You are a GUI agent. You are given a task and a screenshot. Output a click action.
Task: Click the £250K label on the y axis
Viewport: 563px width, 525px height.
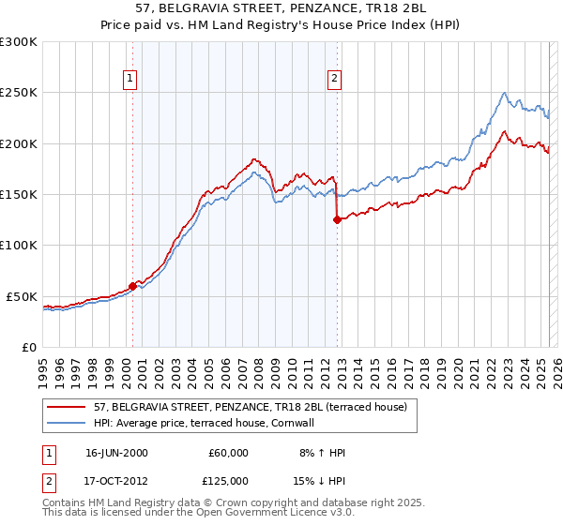point(19,93)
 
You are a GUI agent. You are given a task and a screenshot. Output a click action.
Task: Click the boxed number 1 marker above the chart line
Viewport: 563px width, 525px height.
point(129,79)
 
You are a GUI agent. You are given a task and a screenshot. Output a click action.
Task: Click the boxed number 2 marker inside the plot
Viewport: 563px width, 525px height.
point(334,79)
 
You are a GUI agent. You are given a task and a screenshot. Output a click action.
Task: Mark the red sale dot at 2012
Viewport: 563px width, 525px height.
point(337,220)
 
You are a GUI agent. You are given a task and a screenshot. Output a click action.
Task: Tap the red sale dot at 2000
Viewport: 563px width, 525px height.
point(132,286)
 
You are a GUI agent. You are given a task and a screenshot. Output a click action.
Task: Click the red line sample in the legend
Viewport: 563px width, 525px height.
point(66,408)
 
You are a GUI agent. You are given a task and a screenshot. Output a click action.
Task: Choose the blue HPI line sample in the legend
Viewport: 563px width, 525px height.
point(66,424)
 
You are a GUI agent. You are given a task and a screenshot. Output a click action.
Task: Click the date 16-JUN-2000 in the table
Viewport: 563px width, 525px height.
point(116,453)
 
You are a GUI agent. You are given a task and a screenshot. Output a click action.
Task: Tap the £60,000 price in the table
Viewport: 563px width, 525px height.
point(229,453)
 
